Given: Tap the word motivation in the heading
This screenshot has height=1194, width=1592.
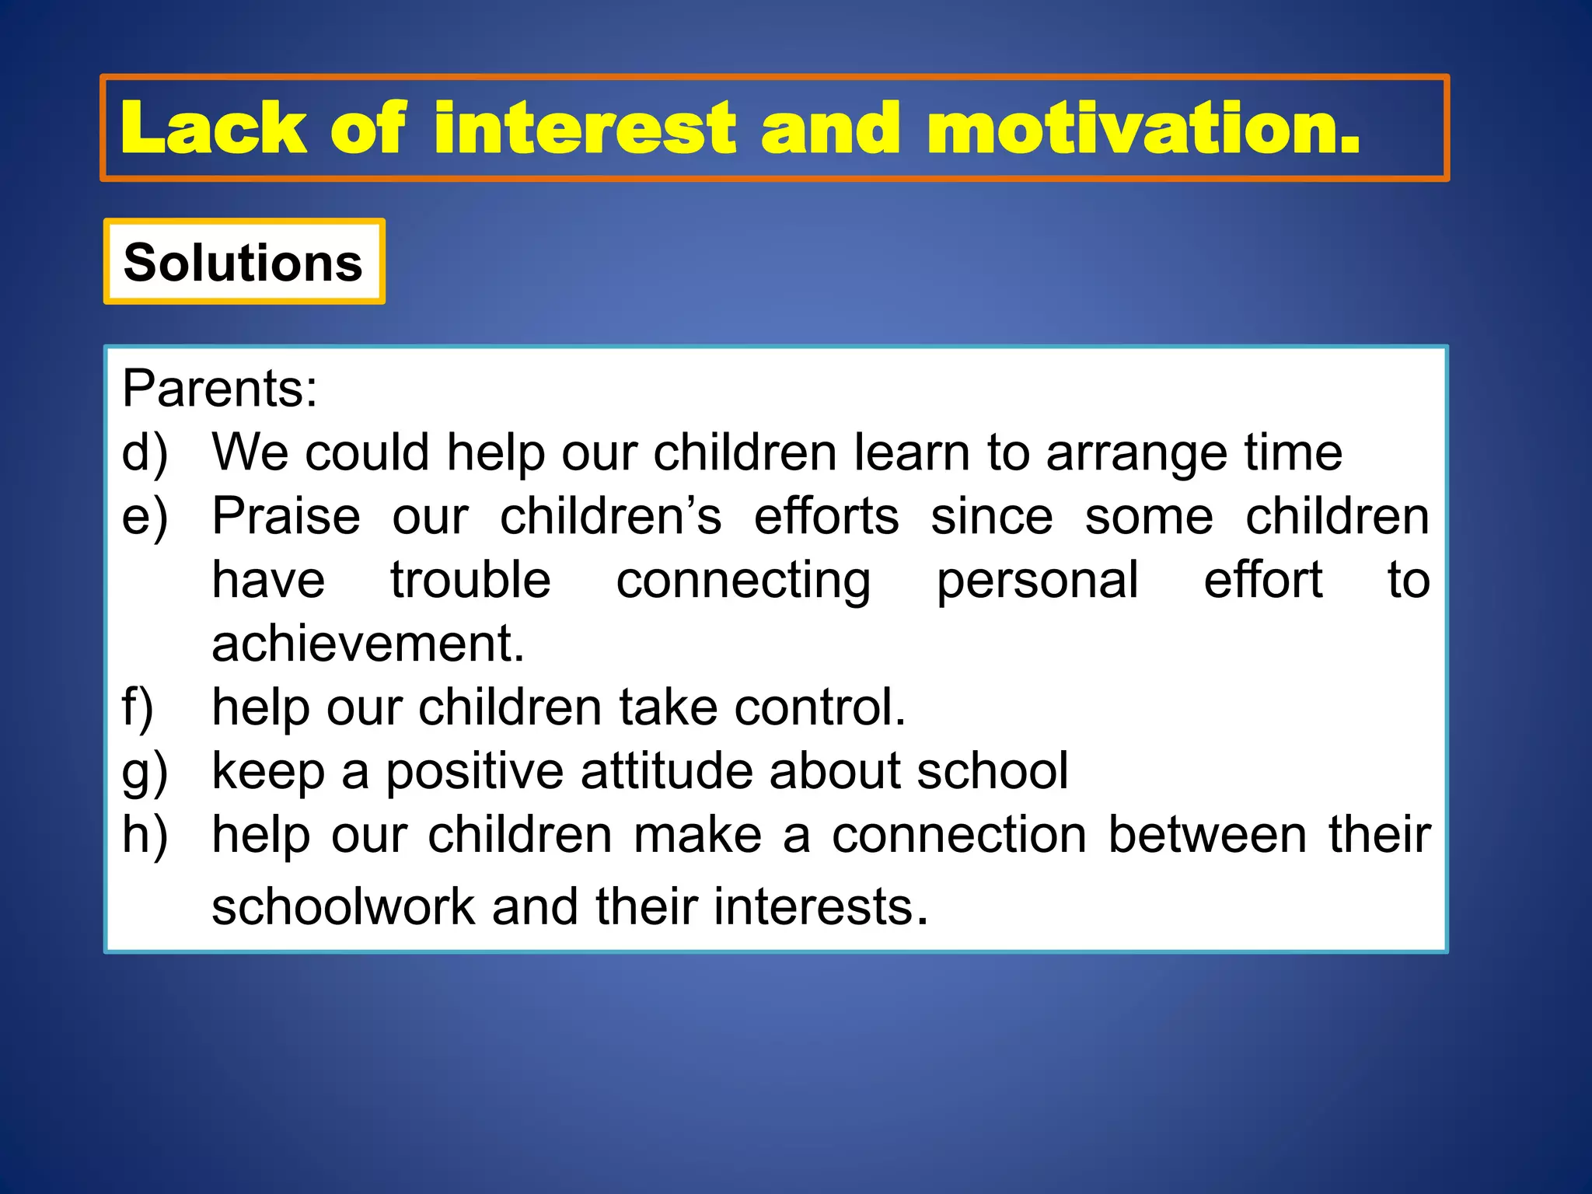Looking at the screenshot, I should coord(1143,128).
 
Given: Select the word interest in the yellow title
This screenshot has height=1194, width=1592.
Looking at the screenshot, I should coord(584,128).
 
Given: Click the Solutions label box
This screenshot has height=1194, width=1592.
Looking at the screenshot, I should coord(243,262).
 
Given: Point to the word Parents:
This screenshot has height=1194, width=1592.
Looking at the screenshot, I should coord(220,388).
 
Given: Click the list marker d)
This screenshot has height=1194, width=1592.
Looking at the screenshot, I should coord(145,452).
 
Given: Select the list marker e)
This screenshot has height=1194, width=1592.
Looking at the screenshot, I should coord(145,517).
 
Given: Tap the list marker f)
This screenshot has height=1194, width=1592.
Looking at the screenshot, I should coord(138,707).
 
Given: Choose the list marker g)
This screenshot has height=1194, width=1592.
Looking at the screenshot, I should coord(145,772).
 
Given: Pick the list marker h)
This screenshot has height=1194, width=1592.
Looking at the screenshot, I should coord(145,835).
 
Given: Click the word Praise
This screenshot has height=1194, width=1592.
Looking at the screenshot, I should coord(286,516).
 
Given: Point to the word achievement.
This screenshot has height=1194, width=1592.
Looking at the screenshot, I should coord(368,644).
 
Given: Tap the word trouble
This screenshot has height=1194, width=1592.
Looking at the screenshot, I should coord(470,581).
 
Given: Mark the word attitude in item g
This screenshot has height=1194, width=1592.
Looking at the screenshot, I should coord(666,771).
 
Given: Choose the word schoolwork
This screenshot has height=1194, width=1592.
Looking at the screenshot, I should coord(343,907).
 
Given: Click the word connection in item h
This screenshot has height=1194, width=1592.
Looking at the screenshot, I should coord(959,835).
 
